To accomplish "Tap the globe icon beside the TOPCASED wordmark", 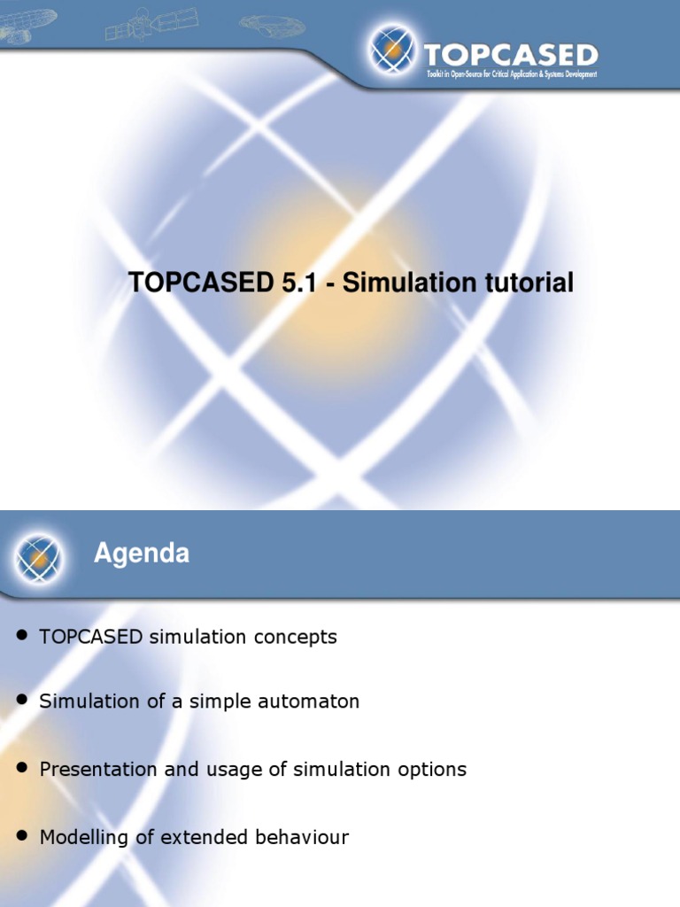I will (390, 50).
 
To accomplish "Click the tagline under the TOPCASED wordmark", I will (511, 74).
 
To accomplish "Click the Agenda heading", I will (142, 554).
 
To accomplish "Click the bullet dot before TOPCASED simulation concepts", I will (23, 637).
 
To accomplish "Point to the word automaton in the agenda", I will (313, 702).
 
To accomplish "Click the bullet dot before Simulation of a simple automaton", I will (23, 701).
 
